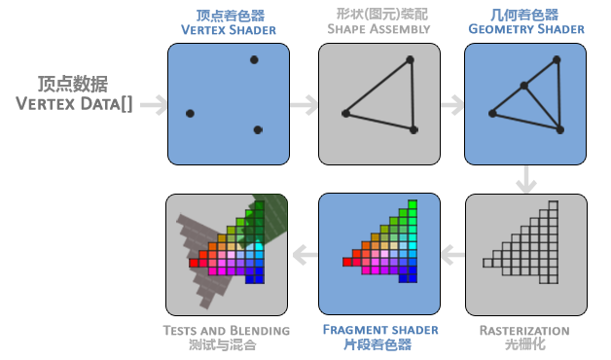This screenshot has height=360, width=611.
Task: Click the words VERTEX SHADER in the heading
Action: [229, 30]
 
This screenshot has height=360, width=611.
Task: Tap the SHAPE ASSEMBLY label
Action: [378, 29]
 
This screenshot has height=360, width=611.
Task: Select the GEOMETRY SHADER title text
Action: [526, 29]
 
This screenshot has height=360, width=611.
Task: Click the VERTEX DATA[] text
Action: [74, 104]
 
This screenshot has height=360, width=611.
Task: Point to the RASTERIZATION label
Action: [524, 331]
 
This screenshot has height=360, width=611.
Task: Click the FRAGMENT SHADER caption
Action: [380, 330]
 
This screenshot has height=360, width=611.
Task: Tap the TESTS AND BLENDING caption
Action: [227, 331]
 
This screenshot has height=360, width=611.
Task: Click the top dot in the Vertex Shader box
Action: [254, 60]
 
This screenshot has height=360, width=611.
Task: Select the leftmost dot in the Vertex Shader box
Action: [190, 114]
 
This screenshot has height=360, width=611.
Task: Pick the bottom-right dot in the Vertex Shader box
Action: [258, 129]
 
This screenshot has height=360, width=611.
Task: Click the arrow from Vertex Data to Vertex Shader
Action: [154, 105]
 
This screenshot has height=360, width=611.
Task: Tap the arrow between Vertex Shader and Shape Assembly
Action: [305, 105]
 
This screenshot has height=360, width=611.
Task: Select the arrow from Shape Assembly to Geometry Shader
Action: [452, 105]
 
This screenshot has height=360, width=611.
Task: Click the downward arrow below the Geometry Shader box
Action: [526, 179]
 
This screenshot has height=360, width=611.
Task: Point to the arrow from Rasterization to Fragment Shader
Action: [453, 255]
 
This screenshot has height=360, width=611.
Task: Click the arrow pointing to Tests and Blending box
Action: [305, 255]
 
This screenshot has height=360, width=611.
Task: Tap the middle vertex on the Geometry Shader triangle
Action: [524, 86]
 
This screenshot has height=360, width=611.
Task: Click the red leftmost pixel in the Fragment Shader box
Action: [347, 262]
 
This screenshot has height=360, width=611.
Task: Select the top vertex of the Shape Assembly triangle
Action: [410, 60]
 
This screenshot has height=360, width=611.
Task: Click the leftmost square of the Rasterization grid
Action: [487, 263]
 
